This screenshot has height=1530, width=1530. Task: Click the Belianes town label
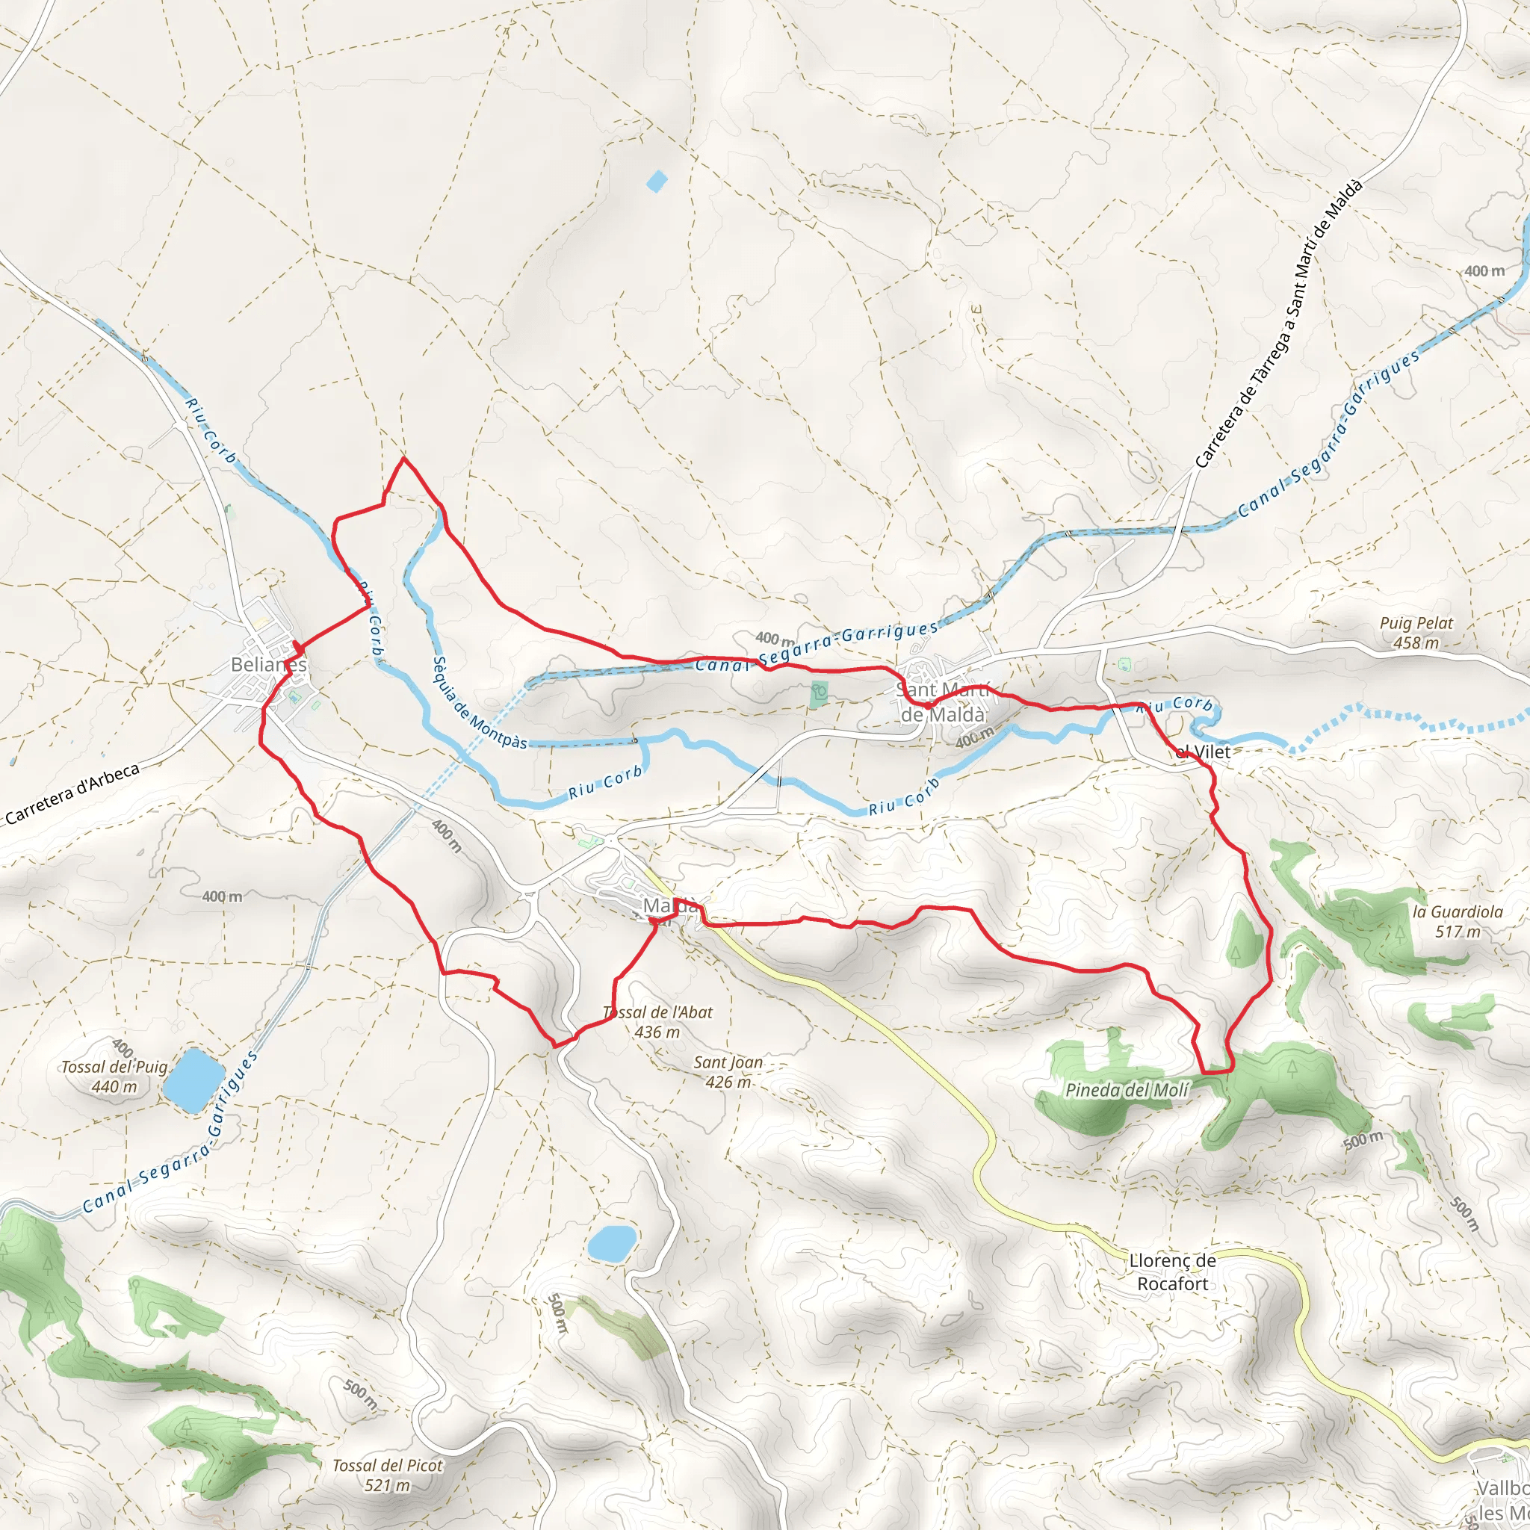(x=267, y=664)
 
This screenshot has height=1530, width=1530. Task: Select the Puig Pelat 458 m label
(x=1416, y=633)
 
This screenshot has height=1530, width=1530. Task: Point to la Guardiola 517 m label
(x=1457, y=921)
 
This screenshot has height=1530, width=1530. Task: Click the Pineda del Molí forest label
(x=1126, y=1091)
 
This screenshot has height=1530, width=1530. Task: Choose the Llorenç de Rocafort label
(x=1172, y=1272)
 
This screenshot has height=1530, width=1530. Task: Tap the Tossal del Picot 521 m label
(x=387, y=1475)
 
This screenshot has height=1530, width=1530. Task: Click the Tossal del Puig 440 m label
(x=115, y=1077)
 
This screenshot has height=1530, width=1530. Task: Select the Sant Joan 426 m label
(x=728, y=1072)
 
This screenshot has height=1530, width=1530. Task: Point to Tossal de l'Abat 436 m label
(x=657, y=1021)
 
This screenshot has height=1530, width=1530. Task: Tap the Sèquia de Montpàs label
(x=478, y=702)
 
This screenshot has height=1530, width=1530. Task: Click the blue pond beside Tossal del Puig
(x=193, y=1080)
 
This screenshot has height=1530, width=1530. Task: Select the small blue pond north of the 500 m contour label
(x=612, y=1243)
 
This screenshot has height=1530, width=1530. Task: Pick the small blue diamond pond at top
(x=657, y=182)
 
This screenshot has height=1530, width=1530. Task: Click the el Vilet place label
(x=1203, y=752)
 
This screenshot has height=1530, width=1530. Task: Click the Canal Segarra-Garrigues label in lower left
(x=170, y=1133)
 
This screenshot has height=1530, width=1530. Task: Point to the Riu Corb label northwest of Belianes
(x=210, y=431)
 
